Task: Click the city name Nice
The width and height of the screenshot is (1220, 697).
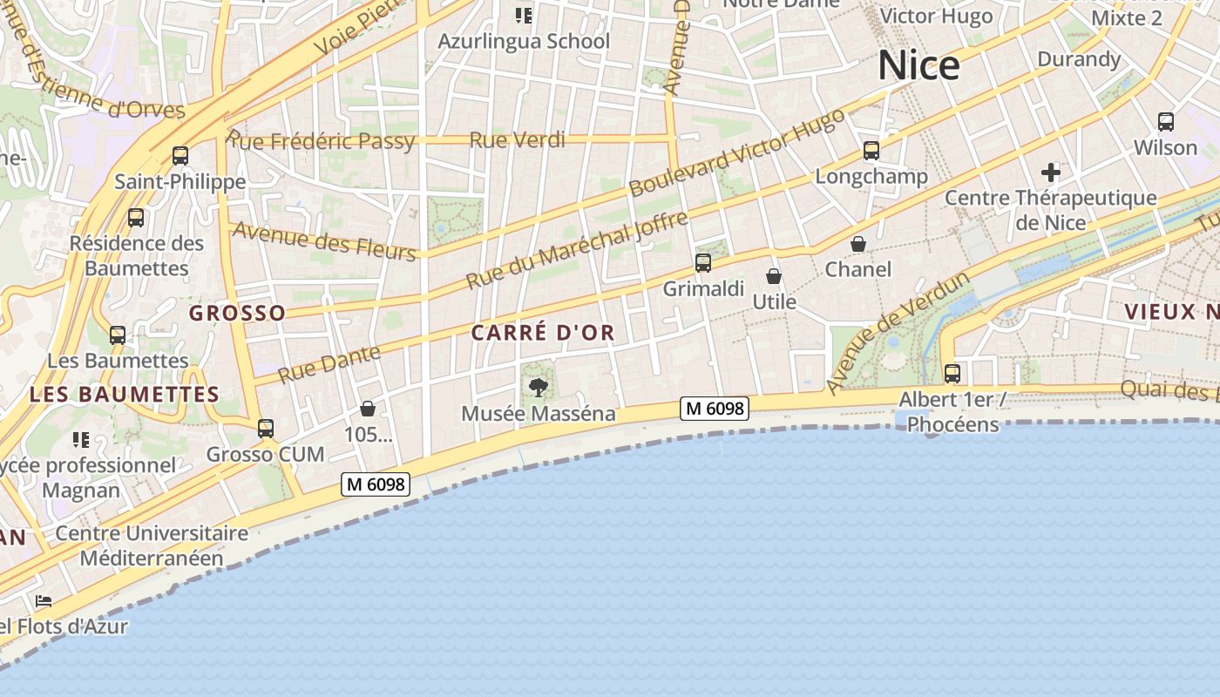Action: pyautogui.click(x=918, y=66)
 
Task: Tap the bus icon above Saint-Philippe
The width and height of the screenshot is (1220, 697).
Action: pyautogui.click(x=180, y=156)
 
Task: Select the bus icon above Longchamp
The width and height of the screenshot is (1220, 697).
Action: pyautogui.click(x=871, y=151)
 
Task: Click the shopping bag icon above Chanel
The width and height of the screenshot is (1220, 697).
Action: pyautogui.click(x=858, y=244)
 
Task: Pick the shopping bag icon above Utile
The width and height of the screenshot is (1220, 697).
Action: pyautogui.click(x=774, y=276)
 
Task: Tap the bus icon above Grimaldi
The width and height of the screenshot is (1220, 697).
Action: pyautogui.click(x=703, y=262)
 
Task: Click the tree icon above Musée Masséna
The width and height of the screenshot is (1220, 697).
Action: pyautogui.click(x=539, y=387)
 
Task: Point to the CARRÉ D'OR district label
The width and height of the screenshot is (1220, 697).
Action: pyautogui.click(x=543, y=332)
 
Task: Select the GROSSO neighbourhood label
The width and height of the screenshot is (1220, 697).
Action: pyautogui.click(x=237, y=313)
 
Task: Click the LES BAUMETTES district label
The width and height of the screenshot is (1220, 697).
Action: pyautogui.click(x=125, y=394)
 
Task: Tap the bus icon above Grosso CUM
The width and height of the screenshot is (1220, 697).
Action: pyautogui.click(x=266, y=429)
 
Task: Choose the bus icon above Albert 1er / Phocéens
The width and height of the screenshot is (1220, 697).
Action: pyautogui.click(x=952, y=374)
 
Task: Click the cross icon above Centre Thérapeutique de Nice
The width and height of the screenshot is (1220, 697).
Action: pyautogui.click(x=1051, y=172)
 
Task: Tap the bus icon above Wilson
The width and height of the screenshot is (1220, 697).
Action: pyautogui.click(x=1166, y=122)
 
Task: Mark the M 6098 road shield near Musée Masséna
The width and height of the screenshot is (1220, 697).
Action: pyautogui.click(x=715, y=408)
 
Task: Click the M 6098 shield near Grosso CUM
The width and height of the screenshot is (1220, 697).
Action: pyautogui.click(x=376, y=484)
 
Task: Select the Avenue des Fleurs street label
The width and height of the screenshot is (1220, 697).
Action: pyautogui.click(x=324, y=240)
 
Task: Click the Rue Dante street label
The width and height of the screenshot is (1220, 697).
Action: pyautogui.click(x=329, y=364)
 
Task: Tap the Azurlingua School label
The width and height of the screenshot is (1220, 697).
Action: pyautogui.click(x=523, y=41)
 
